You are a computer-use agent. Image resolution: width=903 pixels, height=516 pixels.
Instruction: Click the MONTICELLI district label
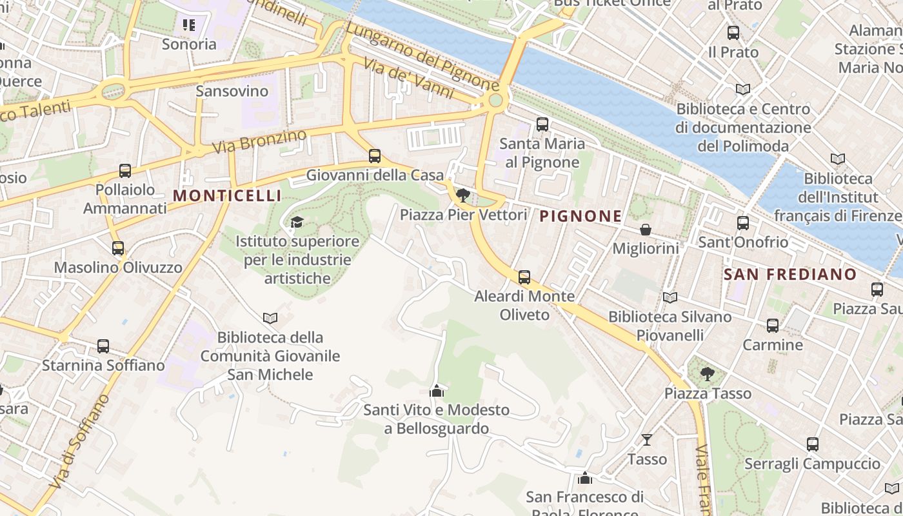227,195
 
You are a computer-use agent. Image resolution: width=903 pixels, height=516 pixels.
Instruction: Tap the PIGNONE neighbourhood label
580,216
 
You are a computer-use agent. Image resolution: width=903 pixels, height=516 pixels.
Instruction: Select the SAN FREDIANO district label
790,274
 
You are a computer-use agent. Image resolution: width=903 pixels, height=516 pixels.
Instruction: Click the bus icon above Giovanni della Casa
375,156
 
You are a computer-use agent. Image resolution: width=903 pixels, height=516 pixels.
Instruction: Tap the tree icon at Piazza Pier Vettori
462,195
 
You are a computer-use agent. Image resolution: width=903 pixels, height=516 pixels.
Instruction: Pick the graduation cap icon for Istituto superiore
297,223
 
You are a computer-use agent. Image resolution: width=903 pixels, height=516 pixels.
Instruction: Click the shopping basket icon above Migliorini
646,230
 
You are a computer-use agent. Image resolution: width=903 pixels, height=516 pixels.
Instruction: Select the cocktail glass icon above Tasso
647,440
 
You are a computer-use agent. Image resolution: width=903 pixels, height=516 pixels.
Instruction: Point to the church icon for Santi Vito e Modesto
437,391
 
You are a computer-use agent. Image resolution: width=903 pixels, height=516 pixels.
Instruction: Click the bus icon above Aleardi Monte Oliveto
524,277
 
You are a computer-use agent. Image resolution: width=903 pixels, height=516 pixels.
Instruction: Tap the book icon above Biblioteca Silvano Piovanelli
670,297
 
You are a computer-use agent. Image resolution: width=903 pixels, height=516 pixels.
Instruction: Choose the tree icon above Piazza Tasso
708,373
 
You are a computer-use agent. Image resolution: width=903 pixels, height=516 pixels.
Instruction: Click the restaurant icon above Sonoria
189,25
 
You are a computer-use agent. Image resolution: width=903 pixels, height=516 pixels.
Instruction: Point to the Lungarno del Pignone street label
422,56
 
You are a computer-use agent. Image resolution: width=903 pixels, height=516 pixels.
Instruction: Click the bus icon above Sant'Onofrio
743,223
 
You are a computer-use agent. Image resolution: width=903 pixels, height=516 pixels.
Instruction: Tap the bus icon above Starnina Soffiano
103,346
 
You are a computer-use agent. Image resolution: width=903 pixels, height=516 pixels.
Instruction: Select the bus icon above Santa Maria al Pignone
542,124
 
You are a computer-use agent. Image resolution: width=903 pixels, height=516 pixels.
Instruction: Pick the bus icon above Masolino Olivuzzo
118,248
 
